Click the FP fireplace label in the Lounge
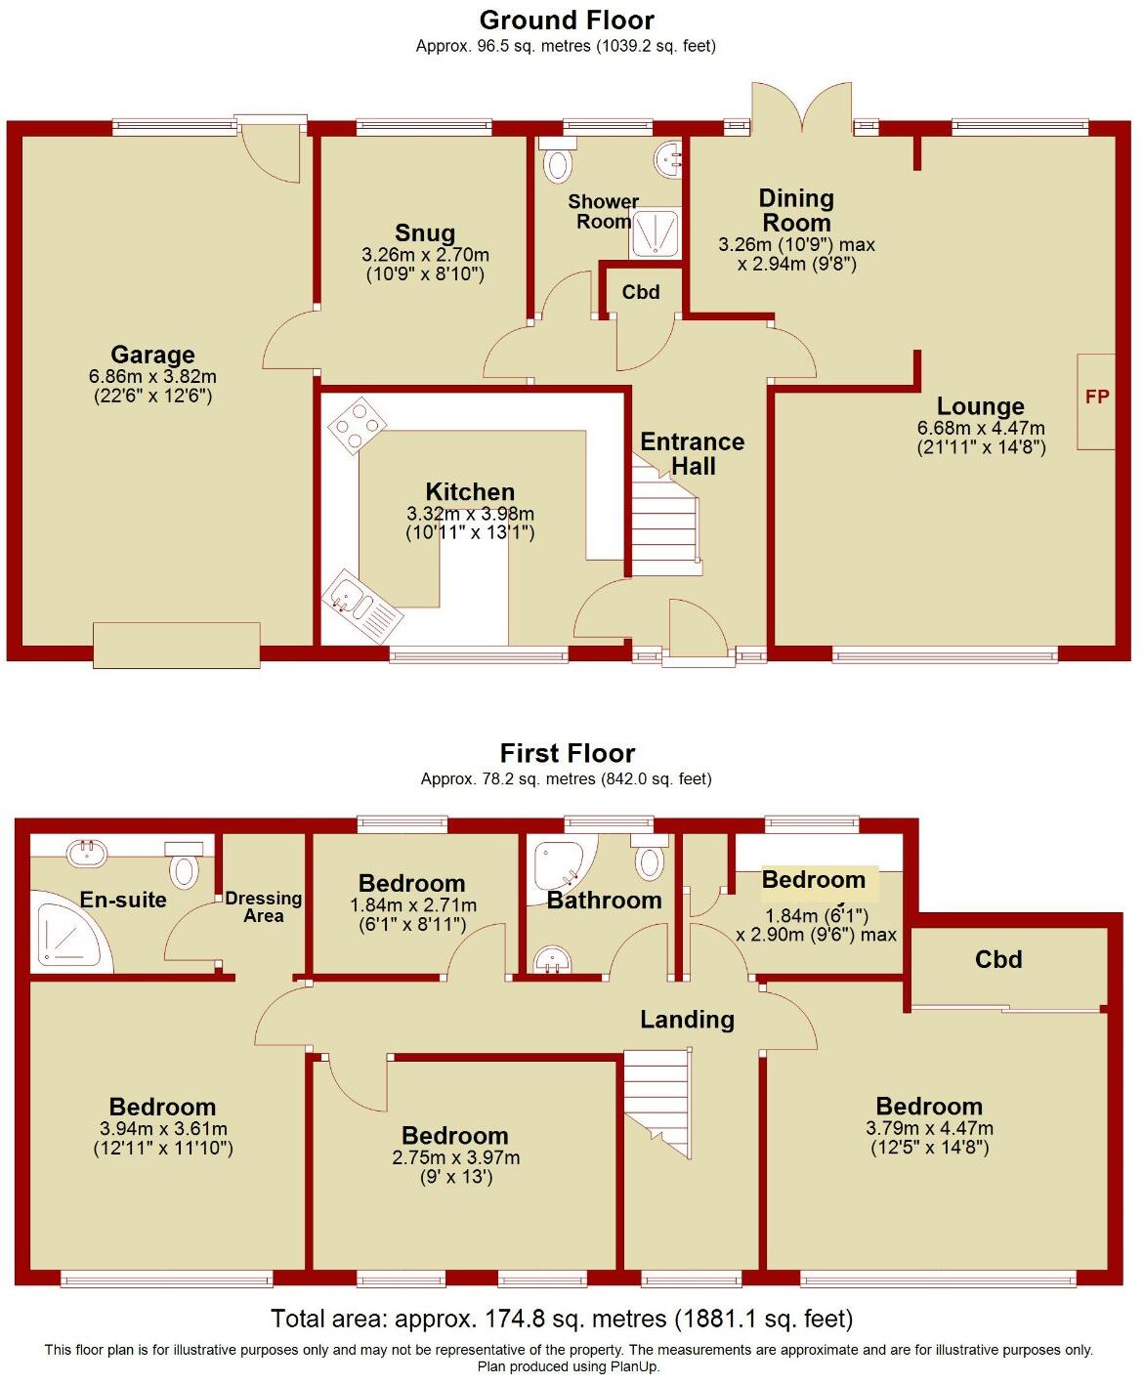tap(1096, 398)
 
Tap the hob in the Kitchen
tap(356, 425)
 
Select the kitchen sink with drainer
tap(362, 606)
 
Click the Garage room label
tap(152, 355)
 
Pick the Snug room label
tap(425, 232)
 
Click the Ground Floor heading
tap(567, 20)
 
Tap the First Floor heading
tap(568, 753)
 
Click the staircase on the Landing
tap(657, 1099)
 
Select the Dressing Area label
tap(264, 906)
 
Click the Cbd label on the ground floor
tap(641, 292)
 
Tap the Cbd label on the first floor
tap(998, 959)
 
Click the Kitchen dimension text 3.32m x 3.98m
tap(470, 514)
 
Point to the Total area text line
tap(562, 1319)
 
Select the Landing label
tap(687, 1020)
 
